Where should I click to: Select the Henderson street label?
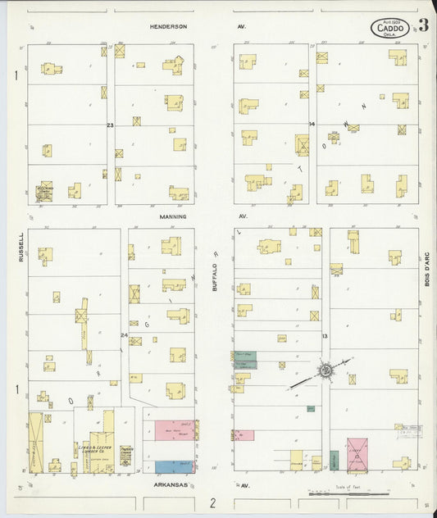tap(169, 26)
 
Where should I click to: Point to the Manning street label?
tap(173, 216)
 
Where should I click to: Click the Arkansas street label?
tap(171, 485)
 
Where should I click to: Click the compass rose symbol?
tap(325, 371)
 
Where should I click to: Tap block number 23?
tap(110, 125)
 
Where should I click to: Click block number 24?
tap(125, 334)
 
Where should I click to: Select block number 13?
tap(325, 336)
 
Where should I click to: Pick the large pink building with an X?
tap(357, 455)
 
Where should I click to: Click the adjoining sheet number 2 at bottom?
tap(212, 503)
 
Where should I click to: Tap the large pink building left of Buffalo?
tap(169, 430)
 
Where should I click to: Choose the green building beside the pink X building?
tap(335, 460)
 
